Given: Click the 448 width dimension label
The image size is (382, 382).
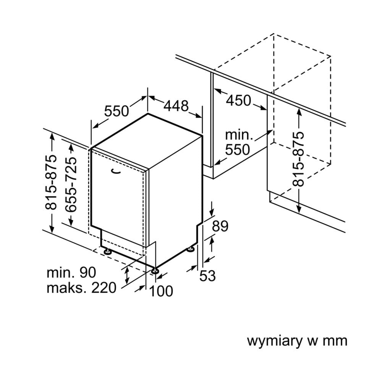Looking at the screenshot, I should click(x=176, y=105).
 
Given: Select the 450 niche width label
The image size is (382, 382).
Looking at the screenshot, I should click(x=239, y=100).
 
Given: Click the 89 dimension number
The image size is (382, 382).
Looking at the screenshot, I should click(x=220, y=227).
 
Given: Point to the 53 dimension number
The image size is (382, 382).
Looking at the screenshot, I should click(x=208, y=275).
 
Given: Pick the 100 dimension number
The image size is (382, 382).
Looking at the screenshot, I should click(x=161, y=291).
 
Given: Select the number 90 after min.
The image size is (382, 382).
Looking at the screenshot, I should click(x=88, y=273).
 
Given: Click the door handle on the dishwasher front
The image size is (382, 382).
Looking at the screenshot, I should click(x=117, y=172).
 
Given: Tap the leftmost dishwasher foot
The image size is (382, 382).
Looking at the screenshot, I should click(x=108, y=251).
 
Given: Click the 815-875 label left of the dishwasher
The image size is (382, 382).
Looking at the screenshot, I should click(x=51, y=183).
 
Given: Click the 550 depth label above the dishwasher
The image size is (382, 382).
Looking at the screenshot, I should click(x=117, y=111).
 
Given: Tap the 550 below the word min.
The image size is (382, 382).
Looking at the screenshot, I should click(x=237, y=149).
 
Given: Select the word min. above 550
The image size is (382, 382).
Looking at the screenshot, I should click(x=239, y=135).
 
